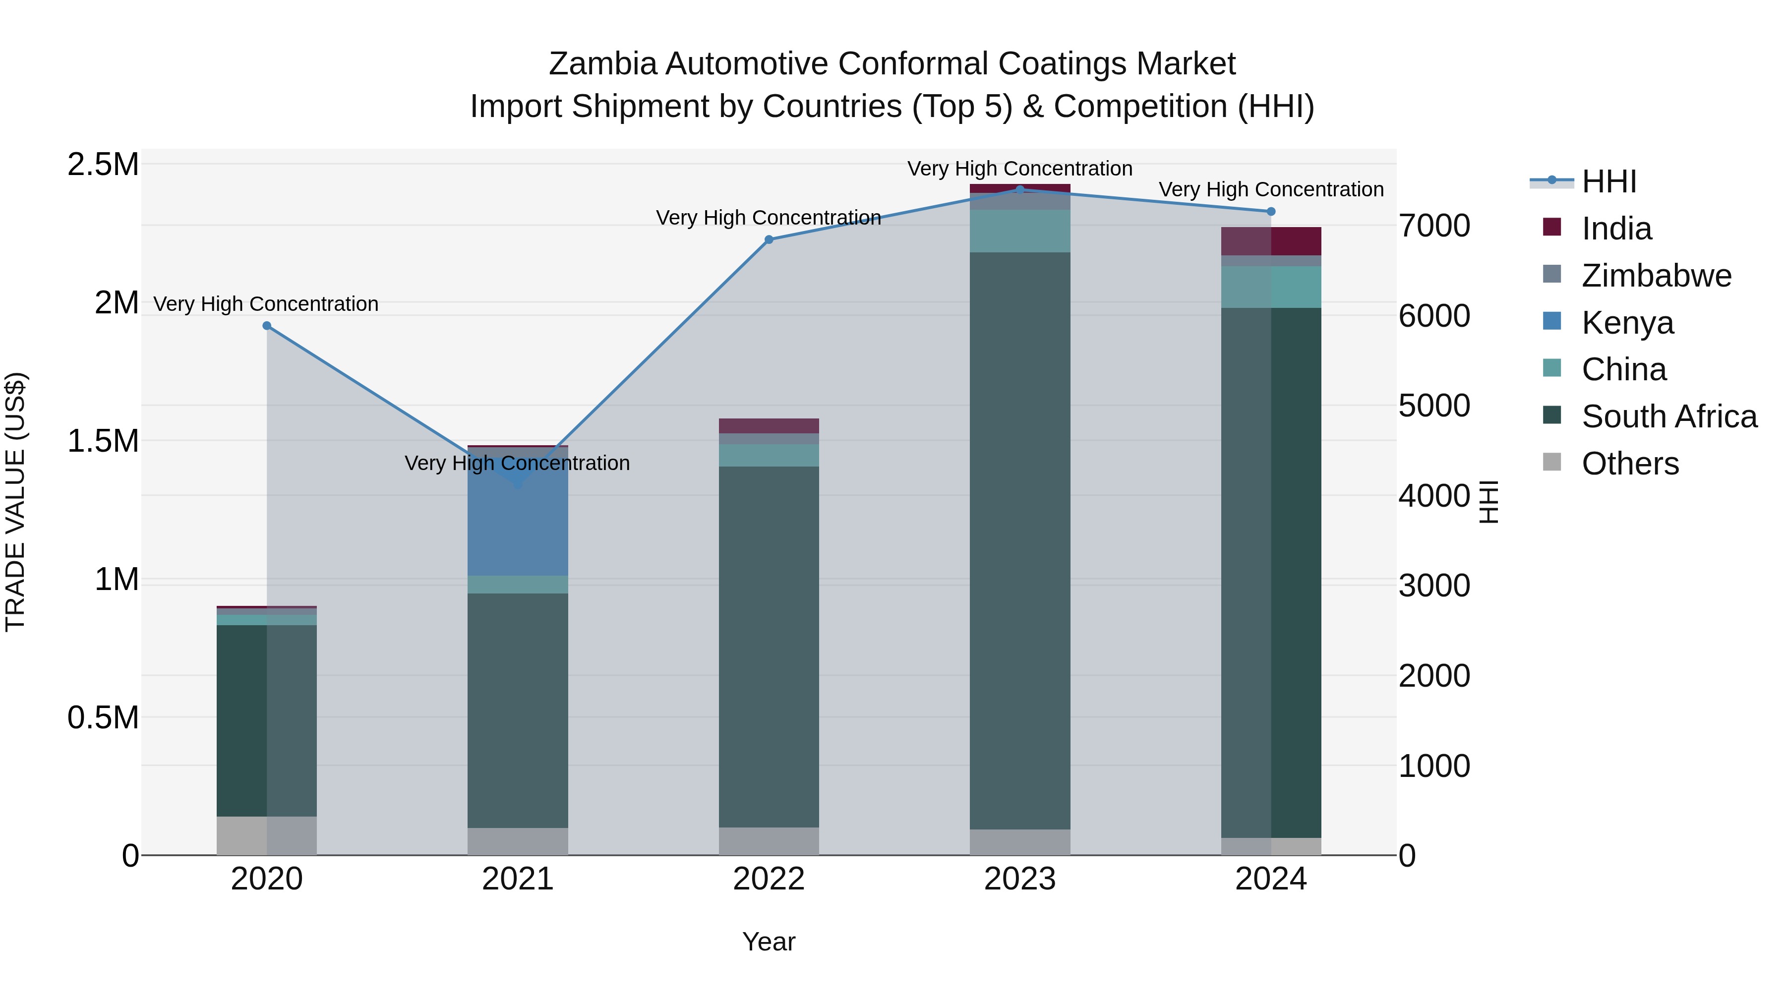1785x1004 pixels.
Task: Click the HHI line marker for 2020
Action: (x=267, y=326)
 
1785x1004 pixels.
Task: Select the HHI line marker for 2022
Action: (x=769, y=240)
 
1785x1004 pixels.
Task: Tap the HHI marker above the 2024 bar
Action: (x=1271, y=211)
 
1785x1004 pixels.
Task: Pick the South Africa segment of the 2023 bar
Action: (x=1019, y=540)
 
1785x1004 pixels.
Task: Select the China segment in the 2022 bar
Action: (x=769, y=455)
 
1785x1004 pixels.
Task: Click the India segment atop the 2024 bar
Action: (x=1271, y=241)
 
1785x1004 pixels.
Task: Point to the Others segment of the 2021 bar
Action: (x=518, y=841)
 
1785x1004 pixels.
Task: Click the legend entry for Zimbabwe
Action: (x=1656, y=276)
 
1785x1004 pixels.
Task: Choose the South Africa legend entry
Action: (x=1668, y=416)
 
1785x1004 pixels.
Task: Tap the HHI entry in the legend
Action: (x=1608, y=181)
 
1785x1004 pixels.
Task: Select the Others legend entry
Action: (x=1630, y=464)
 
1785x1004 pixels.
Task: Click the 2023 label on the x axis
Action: (x=1019, y=879)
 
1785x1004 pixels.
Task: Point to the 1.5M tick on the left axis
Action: (x=103, y=441)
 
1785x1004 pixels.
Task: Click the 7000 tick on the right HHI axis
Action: (x=1433, y=226)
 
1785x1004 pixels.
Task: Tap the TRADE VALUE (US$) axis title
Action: (x=15, y=502)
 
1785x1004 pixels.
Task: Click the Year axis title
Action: (x=769, y=942)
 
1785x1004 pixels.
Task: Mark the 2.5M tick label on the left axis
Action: (x=103, y=165)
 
